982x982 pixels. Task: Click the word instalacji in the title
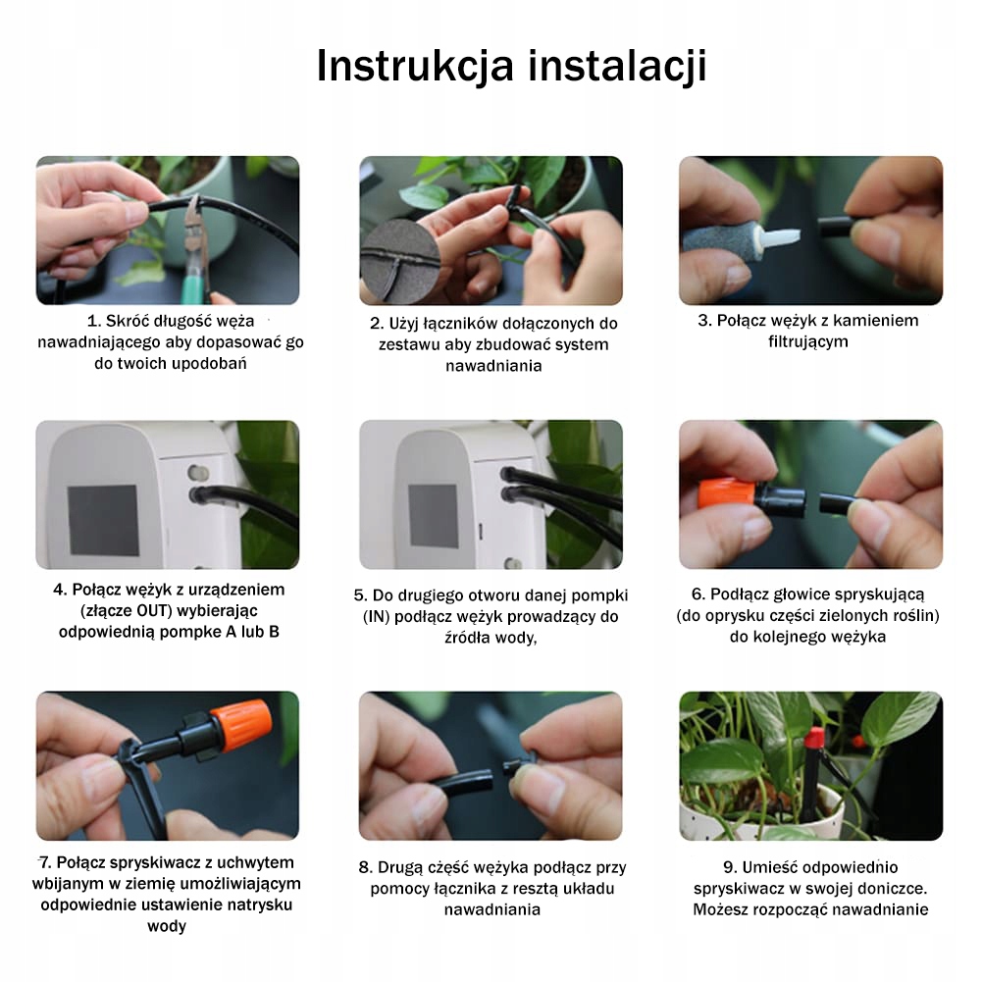[x=617, y=66]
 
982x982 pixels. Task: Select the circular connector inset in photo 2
[x=400, y=263]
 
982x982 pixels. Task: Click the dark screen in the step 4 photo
[x=103, y=521]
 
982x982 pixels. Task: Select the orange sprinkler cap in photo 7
[x=241, y=727]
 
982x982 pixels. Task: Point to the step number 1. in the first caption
[x=94, y=321]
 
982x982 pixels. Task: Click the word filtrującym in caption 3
[x=808, y=342]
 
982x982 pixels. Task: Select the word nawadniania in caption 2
[x=493, y=366]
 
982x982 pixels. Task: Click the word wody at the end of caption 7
[x=167, y=926]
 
